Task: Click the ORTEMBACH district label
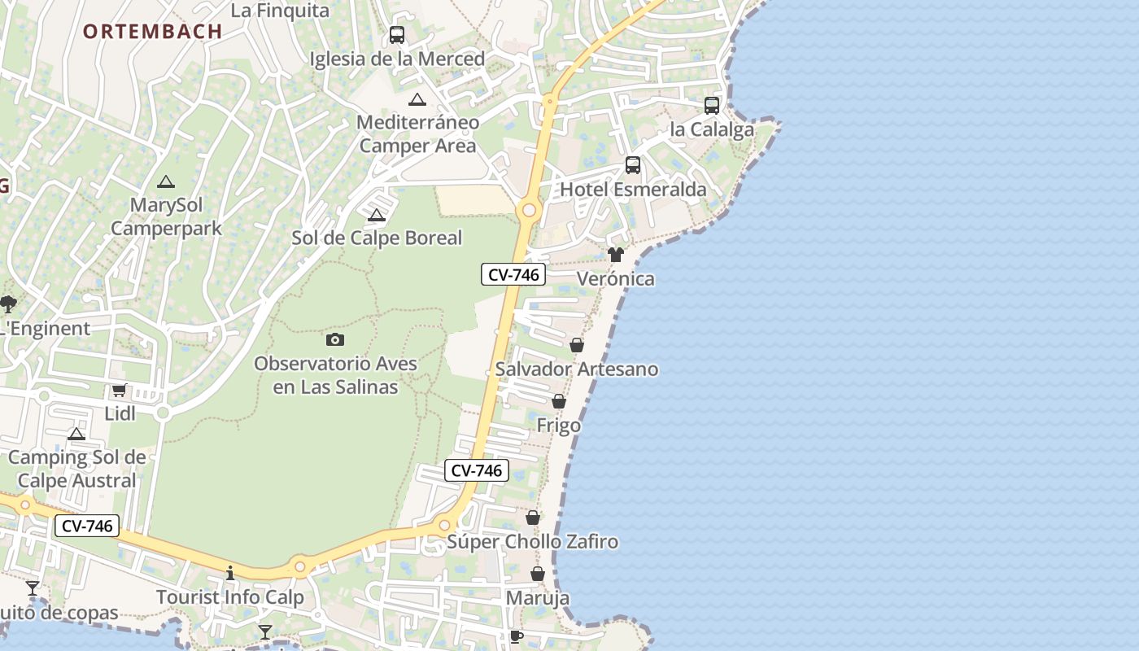(152, 32)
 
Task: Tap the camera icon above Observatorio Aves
(335, 339)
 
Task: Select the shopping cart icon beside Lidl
(120, 390)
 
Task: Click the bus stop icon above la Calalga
(712, 106)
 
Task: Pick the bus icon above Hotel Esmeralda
(633, 165)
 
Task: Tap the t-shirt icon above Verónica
(615, 255)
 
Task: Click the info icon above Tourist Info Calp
(230, 573)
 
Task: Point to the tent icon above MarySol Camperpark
(166, 181)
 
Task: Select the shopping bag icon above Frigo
(559, 401)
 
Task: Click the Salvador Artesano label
(577, 369)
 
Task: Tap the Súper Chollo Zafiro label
(533, 542)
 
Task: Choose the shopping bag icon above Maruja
(538, 575)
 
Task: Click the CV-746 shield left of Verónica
(513, 275)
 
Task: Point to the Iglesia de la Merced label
(397, 59)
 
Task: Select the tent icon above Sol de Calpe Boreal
(376, 216)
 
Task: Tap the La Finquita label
(280, 11)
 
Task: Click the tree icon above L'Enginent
(8, 304)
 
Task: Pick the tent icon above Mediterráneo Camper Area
(417, 100)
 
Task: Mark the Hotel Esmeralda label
(633, 190)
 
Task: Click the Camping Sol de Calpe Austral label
(76, 469)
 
